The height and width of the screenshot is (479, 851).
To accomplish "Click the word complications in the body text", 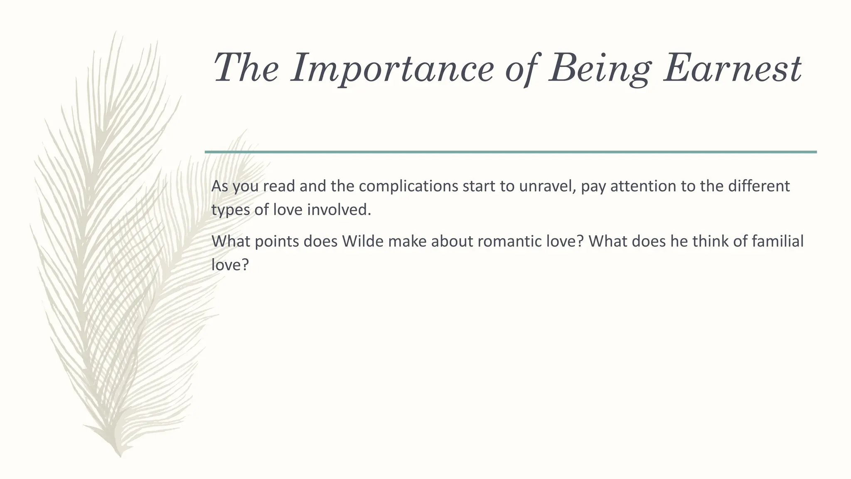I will click(x=408, y=186).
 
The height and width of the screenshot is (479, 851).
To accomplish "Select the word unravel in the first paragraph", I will click(x=547, y=186).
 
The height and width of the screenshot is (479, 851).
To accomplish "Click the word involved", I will click(x=339, y=210).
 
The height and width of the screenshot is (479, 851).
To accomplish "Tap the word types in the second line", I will click(x=231, y=210).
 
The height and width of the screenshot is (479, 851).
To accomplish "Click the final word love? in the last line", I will click(x=230, y=265).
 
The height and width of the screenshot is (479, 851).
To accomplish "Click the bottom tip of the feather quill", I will click(x=120, y=455).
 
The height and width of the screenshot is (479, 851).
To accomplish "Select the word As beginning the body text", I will click(x=220, y=186).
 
